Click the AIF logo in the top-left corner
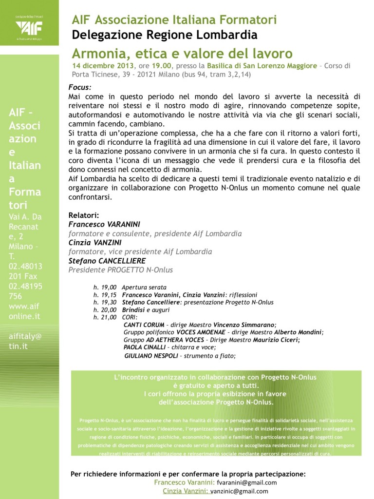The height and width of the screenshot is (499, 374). pyautogui.click(x=29, y=25)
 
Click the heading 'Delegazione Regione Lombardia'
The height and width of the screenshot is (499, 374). pyautogui.click(x=165, y=35)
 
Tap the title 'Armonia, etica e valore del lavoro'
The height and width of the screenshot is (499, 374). pyautogui.click(x=182, y=53)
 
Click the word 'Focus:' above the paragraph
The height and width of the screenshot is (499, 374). pyautogui.click(x=80, y=87)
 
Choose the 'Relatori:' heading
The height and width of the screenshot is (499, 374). pyautogui.click(x=84, y=215)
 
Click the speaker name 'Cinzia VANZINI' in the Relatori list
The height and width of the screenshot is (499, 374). pyautogui.click(x=95, y=243)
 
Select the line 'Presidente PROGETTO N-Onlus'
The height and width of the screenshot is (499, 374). pyautogui.click(x=120, y=270)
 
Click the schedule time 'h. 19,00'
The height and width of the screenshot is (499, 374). pyautogui.click(x=105, y=288)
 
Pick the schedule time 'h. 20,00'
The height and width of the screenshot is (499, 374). pyautogui.click(x=105, y=309)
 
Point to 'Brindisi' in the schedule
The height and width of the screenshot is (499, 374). pyautogui.click(x=133, y=309)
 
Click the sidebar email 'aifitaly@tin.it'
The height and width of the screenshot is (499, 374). pyautogui.click(x=25, y=341)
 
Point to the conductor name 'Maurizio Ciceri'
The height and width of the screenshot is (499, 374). pyautogui.click(x=278, y=340)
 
